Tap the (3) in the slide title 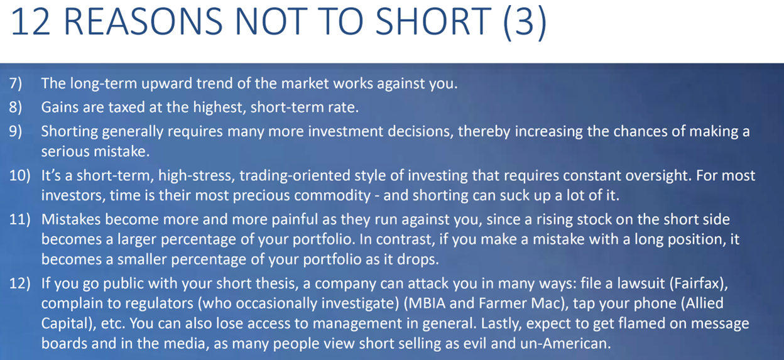click(525, 23)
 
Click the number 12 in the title click(30, 22)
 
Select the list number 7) click(16, 84)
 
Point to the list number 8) click(16, 107)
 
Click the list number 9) click(16, 131)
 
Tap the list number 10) click(20, 175)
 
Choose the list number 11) click(20, 219)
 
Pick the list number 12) click(20, 283)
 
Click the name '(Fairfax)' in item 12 click(699, 283)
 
